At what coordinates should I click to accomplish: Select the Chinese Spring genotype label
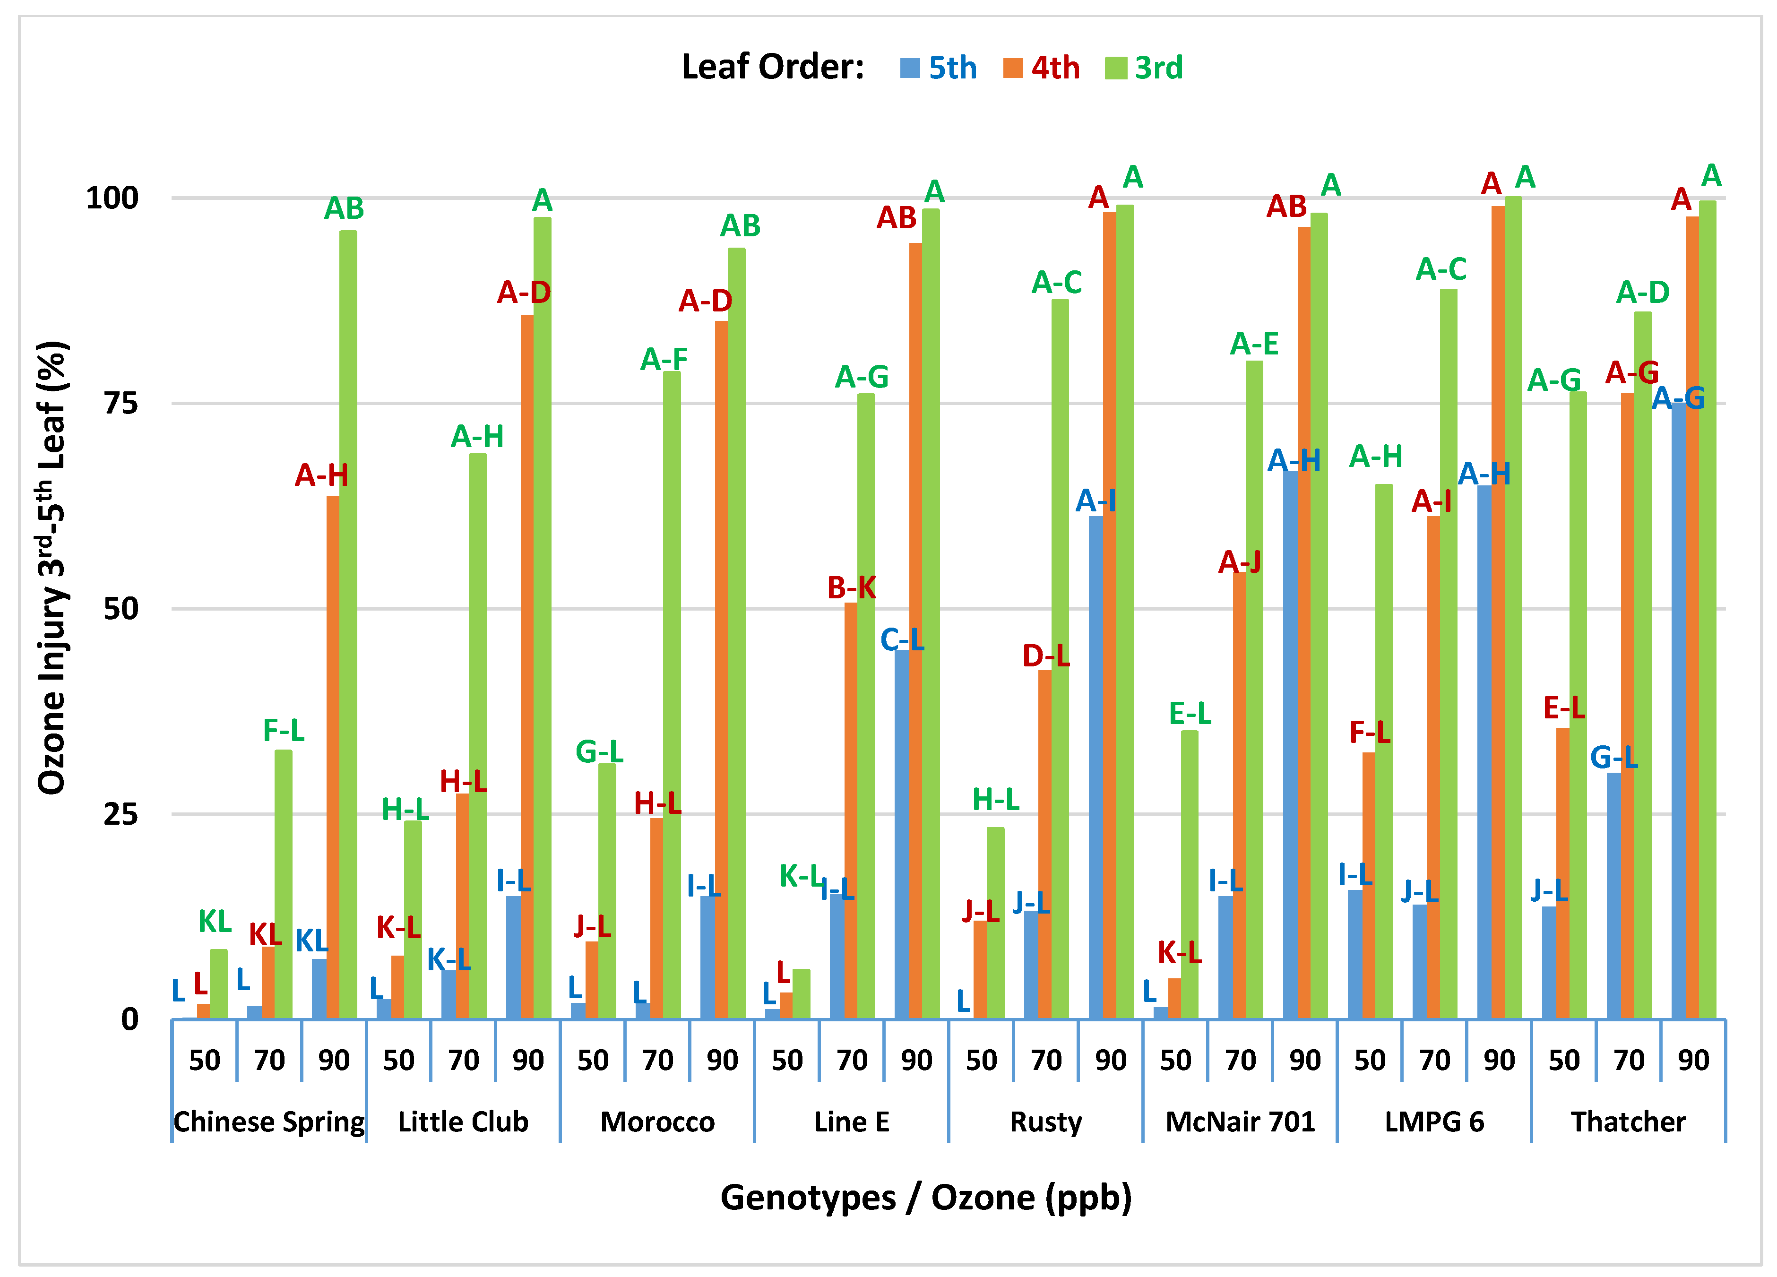(269, 1122)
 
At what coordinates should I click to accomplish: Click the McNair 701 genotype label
(1240, 1122)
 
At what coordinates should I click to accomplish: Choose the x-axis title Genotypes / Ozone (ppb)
(926, 1197)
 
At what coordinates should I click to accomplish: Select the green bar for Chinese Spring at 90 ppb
(348, 627)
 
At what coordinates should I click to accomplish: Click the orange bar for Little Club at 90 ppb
(527, 666)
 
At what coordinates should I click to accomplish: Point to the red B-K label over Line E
(852, 587)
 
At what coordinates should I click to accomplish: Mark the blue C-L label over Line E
(902, 640)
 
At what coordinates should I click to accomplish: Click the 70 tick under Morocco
(657, 1060)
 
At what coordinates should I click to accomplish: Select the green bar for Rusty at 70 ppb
(1059, 658)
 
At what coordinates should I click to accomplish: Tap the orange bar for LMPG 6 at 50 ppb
(1369, 885)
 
